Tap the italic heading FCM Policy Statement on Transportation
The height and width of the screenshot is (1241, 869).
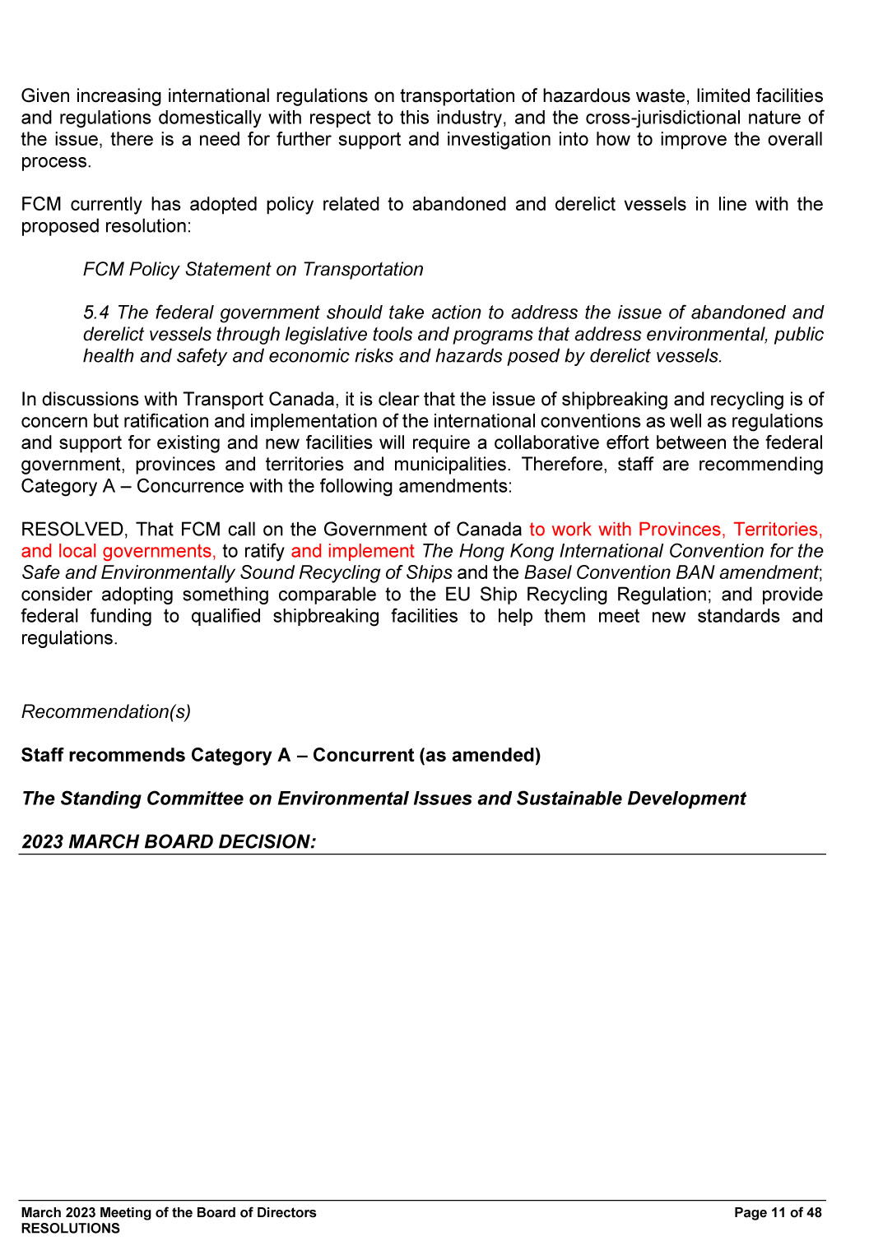point(253,270)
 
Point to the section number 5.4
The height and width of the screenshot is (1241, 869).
point(96,313)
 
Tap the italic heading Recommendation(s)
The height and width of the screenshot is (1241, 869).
point(106,712)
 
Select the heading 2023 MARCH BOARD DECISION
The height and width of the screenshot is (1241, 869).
point(169,842)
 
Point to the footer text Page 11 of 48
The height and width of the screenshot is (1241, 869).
point(778,1213)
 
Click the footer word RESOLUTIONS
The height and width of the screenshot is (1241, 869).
point(71,1229)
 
